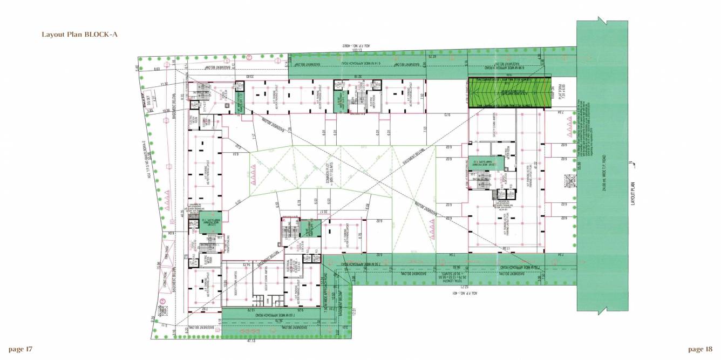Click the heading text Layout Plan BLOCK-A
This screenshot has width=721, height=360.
click(x=79, y=35)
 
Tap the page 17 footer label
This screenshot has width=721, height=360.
click(x=21, y=349)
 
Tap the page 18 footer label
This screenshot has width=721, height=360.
click(x=700, y=349)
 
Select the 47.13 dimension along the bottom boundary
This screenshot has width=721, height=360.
click(x=251, y=341)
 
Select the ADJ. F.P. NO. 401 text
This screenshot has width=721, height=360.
click(x=459, y=293)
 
